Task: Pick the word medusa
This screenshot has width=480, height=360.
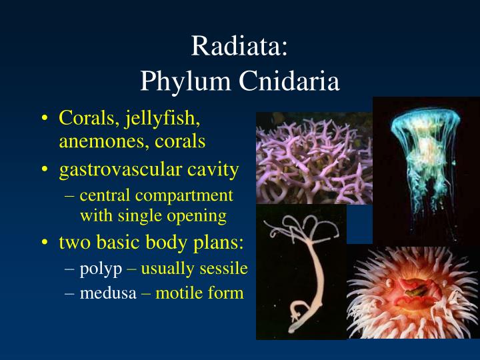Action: [109, 292]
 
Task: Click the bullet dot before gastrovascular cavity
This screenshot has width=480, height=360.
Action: [44, 170]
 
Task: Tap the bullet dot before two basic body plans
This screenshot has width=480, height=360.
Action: [44, 242]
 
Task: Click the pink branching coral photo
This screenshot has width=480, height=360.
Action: [313, 159]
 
